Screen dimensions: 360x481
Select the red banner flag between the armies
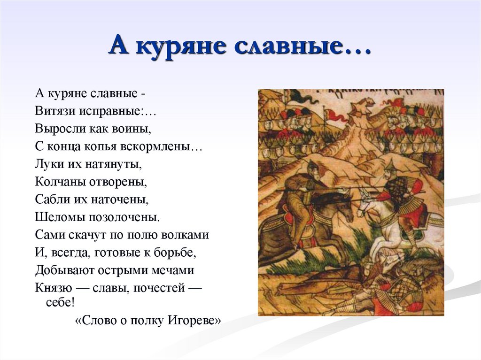click(x=332, y=115)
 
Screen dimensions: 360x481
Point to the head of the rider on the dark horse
click(x=313, y=167)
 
